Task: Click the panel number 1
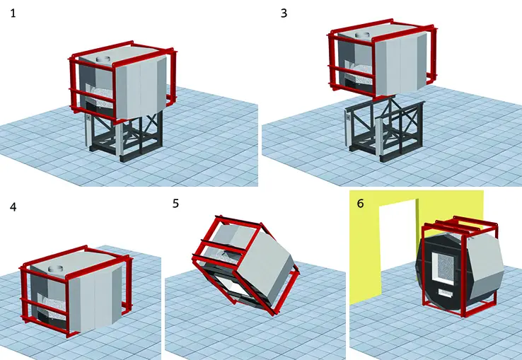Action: coord(13,13)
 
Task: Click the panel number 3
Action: coord(284,13)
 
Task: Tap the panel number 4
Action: coord(13,207)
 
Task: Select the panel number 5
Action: coord(175,203)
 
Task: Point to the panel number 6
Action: coord(360,203)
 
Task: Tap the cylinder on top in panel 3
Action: coord(364,35)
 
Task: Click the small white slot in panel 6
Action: coord(446,292)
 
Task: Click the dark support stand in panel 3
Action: coord(385,130)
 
